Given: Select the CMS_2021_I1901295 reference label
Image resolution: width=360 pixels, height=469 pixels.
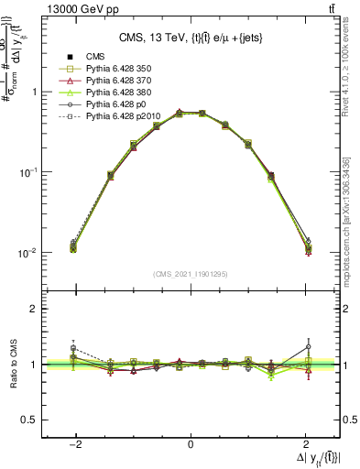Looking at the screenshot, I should (x=191, y=274).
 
